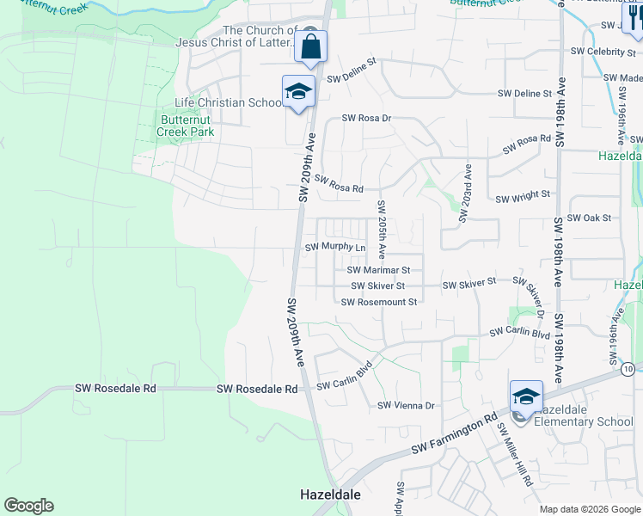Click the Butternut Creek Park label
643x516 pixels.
(x=186, y=126)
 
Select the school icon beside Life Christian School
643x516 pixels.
(x=297, y=92)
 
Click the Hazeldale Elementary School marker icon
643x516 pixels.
(x=526, y=397)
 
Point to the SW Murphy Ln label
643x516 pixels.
(x=336, y=247)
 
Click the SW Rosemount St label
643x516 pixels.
(x=378, y=302)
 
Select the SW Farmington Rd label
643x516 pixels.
(x=455, y=435)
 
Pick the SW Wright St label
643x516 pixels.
(x=523, y=197)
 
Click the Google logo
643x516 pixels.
(x=28, y=506)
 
